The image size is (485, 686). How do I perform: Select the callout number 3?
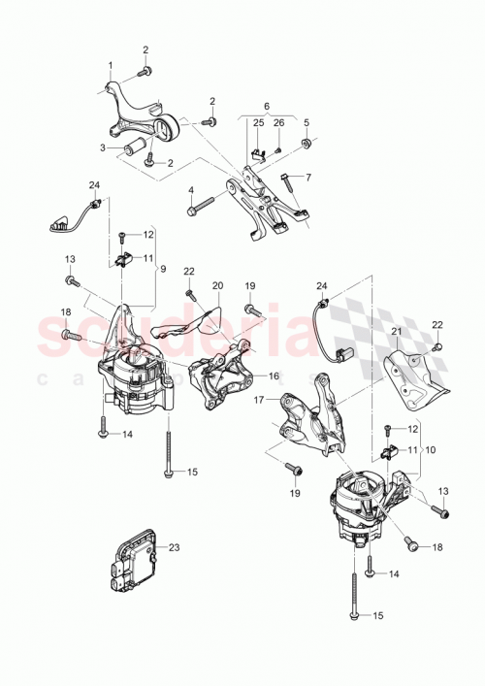pos(102,147)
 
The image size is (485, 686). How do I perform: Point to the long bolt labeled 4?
pos(208,205)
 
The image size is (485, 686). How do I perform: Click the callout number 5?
pos(307,122)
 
